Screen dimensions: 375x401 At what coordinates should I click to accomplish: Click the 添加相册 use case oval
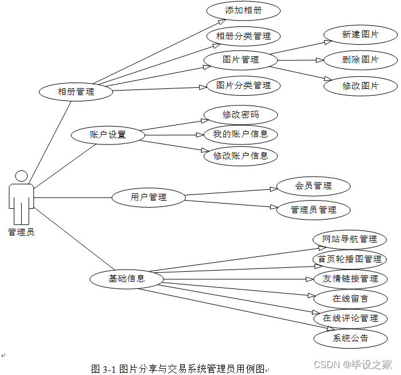pos(243,10)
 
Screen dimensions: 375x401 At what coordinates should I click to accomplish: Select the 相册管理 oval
pos(75,91)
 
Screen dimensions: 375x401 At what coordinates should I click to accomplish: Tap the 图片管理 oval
pos(240,60)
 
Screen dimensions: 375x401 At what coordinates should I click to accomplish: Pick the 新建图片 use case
pos(360,34)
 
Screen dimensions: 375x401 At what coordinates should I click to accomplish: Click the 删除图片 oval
pos(360,60)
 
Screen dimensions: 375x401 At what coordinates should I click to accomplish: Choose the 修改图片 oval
pos(360,86)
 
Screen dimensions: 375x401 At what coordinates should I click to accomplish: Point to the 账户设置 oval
pos(107,135)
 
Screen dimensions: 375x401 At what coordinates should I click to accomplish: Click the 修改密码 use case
pos(240,115)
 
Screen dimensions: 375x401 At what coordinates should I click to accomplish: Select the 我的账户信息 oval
pos(240,135)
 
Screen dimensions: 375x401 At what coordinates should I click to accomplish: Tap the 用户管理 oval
pos(149,197)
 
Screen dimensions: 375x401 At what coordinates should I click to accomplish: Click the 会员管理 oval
pos(313,186)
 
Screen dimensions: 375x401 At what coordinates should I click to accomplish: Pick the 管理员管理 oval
pos(313,210)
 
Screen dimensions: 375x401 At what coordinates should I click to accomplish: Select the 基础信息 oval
pos(127,279)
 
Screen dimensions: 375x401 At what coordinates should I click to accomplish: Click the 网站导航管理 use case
pos(349,239)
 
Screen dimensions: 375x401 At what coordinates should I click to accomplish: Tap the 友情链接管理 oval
pos(350,279)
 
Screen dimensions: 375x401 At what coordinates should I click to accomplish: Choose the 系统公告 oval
pos(350,338)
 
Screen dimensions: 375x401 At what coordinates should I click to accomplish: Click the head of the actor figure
pos(21,176)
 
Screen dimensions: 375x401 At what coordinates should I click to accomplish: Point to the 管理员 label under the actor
pos(21,232)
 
